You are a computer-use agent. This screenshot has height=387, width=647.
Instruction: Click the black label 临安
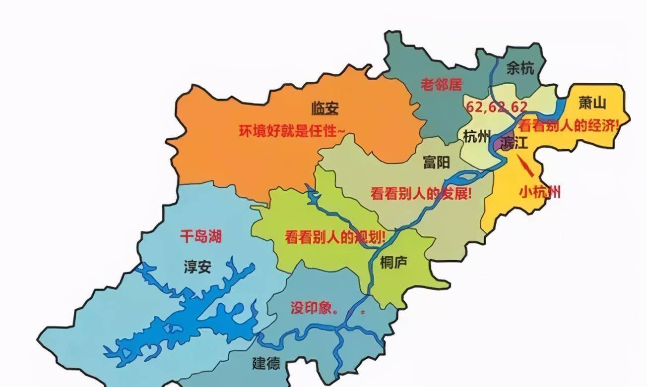324,108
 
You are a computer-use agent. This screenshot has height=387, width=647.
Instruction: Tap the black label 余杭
520,68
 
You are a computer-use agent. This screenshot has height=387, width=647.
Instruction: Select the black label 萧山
592,103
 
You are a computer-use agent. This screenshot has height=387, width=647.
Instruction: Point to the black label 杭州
476,136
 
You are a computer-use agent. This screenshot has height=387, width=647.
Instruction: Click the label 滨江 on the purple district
514,143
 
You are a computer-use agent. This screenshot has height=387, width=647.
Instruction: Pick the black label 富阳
436,162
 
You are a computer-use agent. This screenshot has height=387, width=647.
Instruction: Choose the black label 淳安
197,267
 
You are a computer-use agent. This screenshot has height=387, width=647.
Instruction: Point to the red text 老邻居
441,85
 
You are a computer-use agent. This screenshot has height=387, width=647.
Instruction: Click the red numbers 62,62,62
496,107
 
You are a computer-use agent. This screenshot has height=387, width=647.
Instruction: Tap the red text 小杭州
539,191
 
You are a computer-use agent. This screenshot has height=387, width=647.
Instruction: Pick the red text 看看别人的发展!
421,193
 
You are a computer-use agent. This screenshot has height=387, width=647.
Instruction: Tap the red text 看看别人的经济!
570,126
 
